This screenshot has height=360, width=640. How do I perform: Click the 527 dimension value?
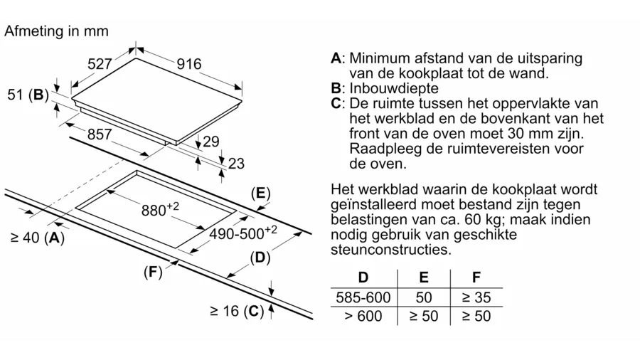pos(100,64)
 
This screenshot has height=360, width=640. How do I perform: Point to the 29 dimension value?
pos(210,142)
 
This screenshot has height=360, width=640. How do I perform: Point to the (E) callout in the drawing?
pos(261,193)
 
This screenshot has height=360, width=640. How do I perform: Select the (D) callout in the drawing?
pos(261,258)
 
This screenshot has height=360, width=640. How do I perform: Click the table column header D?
pos(364,277)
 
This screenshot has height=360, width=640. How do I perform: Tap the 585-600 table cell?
pos(363,297)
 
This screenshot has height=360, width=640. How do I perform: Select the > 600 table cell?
pos(363,316)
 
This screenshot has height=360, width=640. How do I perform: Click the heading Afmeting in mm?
pos(56,31)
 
